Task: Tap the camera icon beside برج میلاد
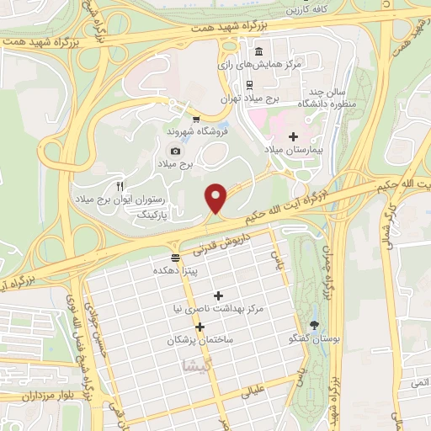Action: [x=176, y=151]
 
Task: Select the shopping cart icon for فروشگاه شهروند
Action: [x=196, y=120]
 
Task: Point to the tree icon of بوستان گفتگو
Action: [x=315, y=325]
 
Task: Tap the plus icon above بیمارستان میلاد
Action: [x=293, y=136]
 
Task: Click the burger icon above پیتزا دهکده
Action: [x=175, y=258]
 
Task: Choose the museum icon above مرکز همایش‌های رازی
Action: [x=258, y=51]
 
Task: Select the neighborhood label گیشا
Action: [x=191, y=367]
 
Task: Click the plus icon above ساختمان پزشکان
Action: [x=200, y=327]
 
